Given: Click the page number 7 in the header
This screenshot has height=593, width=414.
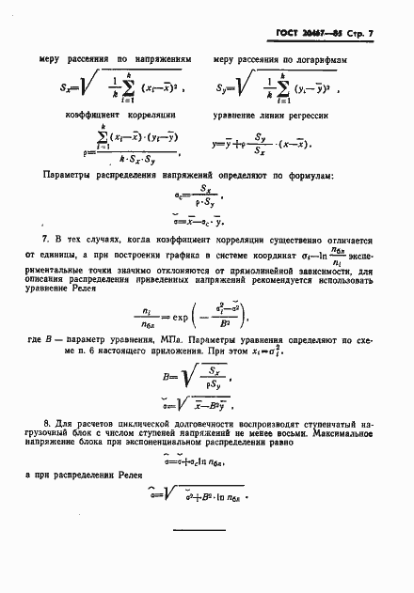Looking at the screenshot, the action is (372, 35).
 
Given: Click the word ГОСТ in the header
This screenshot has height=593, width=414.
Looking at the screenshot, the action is (286, 35).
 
